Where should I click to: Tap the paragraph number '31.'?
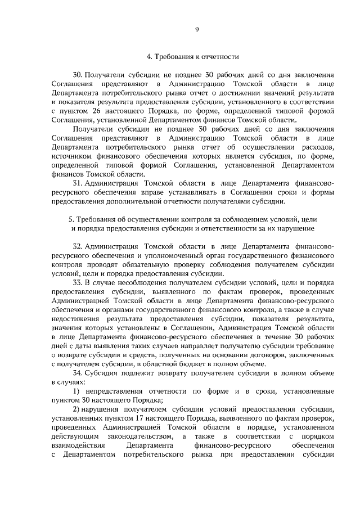pyautogui.click(x=78, y=183)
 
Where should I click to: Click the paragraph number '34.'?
pyautogui.click(x=79, y=373)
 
